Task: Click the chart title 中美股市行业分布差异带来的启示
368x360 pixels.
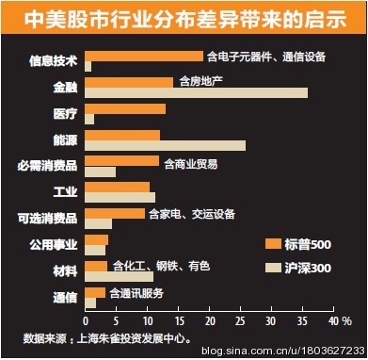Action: click(183, 19)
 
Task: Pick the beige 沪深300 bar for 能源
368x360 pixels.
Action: click(165, 145)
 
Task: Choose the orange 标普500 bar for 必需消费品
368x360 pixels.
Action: click(122, 161)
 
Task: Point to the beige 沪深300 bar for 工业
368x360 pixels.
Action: click(120, 197)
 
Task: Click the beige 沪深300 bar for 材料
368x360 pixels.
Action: click(119, 276)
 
